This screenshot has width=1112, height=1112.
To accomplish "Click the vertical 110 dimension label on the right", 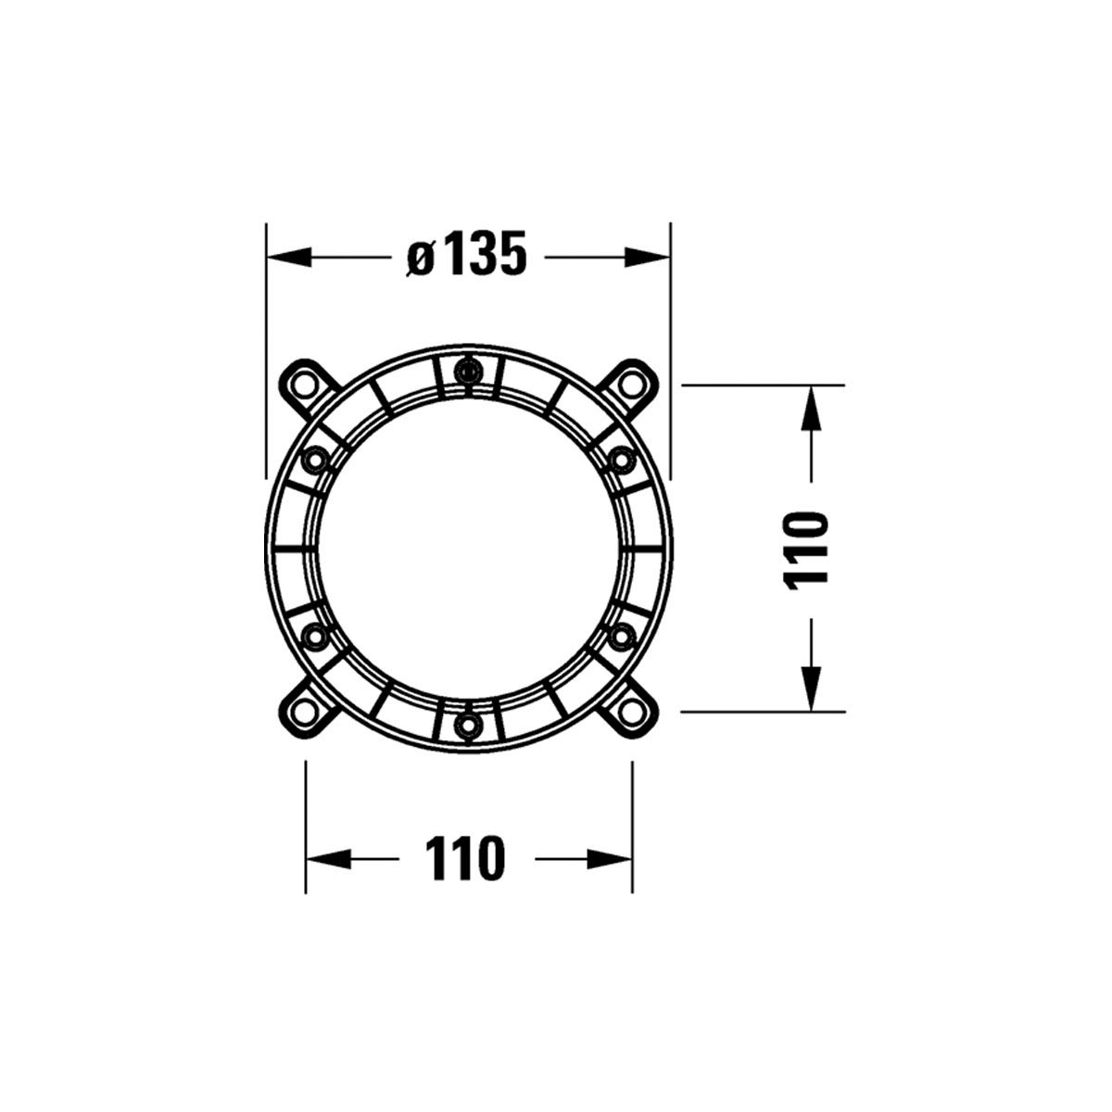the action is point(806,550).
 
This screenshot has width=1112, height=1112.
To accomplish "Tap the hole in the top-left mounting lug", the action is point(304,384).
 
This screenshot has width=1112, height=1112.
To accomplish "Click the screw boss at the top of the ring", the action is point(468,370).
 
